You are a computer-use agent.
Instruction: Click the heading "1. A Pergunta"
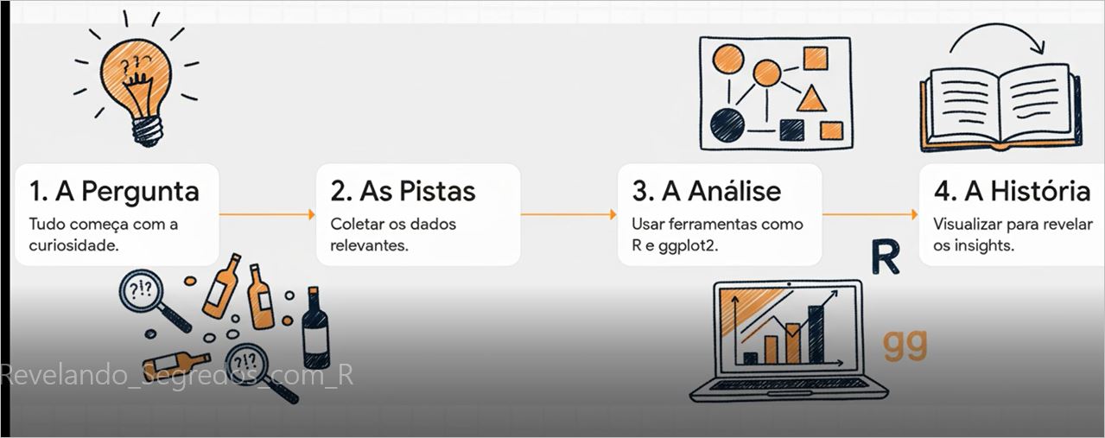[114, 192]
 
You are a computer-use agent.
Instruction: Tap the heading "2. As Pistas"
[403, 191]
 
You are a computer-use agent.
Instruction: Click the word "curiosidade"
[73, 245]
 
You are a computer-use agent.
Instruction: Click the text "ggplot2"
[689, 246]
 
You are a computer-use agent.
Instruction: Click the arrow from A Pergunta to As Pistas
[267, 214]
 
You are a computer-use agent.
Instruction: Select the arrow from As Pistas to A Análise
[568, 214]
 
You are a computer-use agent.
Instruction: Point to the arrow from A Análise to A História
[870, 214]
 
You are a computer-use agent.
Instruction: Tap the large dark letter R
[885, 257]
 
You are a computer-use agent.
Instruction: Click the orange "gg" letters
[905, 346]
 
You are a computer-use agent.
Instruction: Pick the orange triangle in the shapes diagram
[811, 100]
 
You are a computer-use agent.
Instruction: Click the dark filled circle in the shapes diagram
[727, 125]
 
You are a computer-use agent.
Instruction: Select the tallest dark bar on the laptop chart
[816, 335]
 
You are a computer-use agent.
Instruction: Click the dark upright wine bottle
[315, 328]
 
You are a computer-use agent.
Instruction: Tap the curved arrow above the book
[996, 26]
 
